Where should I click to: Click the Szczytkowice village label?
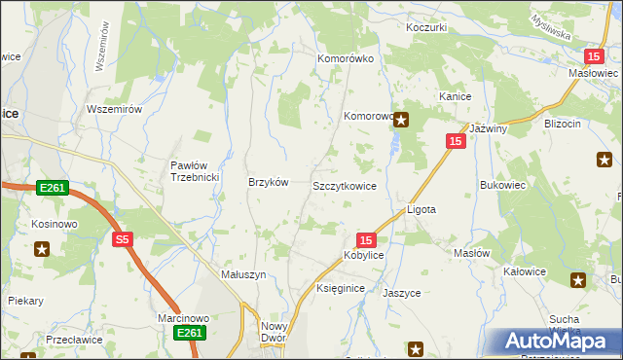click(x=344, y=185)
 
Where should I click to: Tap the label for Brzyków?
click(x=269, y=182)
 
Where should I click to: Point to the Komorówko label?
click(x=346, y=58)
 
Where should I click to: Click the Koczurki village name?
click(x=426, y=27)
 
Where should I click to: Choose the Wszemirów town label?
click(x=115, y=109)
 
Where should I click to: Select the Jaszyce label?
click(x=401, y=292)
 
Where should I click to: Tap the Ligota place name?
click(x=421, y=209)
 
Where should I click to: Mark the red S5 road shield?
click(x=122, y=239)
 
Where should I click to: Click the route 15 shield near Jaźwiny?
click(x=456, y=142)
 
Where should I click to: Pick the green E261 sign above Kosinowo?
click(x=53, y=187)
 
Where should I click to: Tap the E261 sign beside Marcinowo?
click(x=190, y=334)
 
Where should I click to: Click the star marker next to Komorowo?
click(x=401, y=120)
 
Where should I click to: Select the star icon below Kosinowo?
click(x=42, y=249)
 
